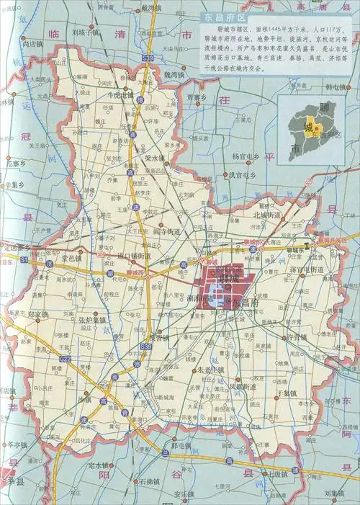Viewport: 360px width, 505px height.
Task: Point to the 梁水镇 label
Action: tap(154, 157)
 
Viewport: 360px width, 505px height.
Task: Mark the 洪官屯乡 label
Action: tap(243, 174)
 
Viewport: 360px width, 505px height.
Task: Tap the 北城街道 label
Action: tap(269, 215)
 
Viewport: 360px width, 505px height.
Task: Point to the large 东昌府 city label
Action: tap(248, 303)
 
